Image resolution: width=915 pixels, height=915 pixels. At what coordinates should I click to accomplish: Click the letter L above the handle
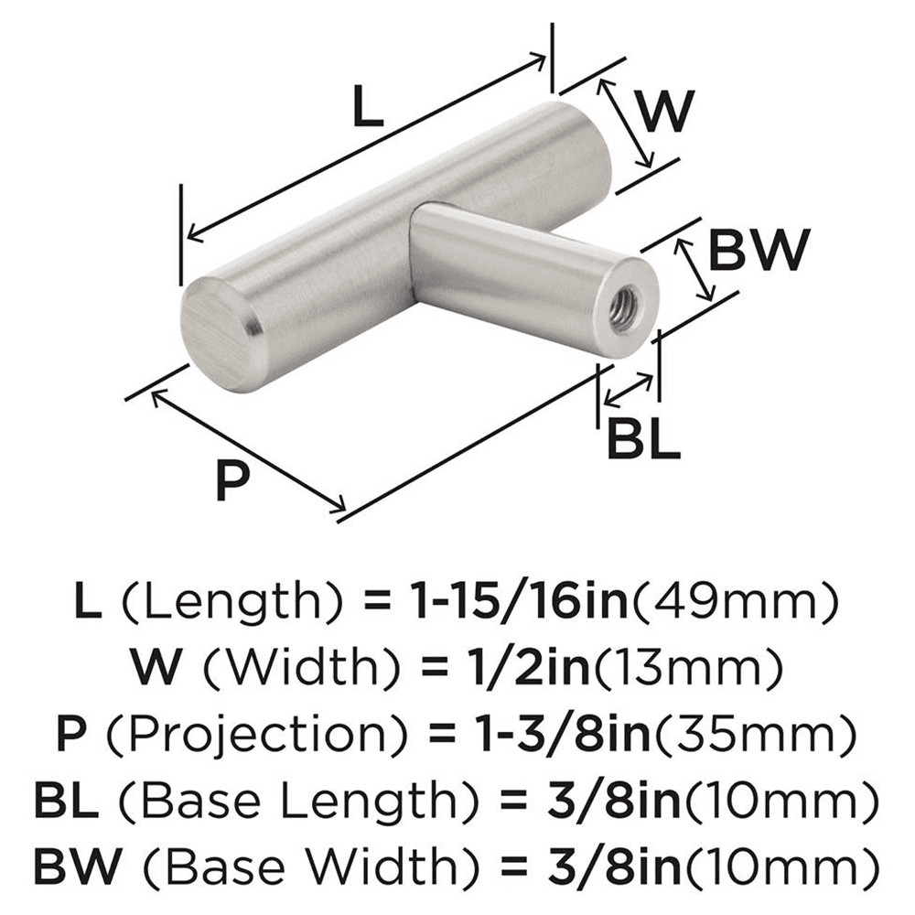tap(367, 111)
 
